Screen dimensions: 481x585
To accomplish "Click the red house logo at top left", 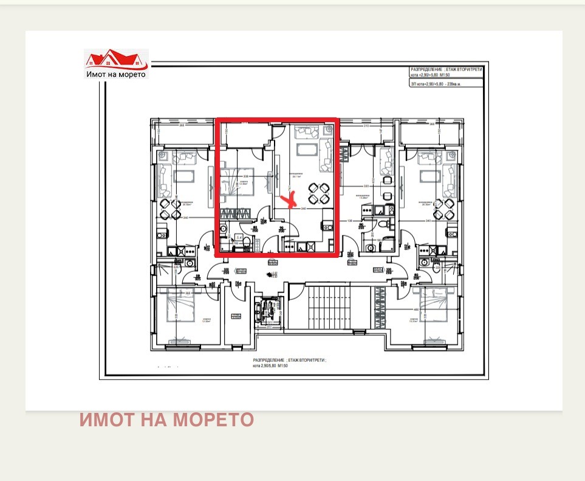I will click(x=115, y=60).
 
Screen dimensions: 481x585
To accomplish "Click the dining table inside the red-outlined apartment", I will click(x=319, y=193).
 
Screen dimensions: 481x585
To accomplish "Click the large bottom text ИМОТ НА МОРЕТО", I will click(x=166, y=420).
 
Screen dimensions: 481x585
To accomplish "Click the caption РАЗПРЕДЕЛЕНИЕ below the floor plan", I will click(x=290, y=361).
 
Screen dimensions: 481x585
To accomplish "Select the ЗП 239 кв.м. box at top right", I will click(x=446, y=85).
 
